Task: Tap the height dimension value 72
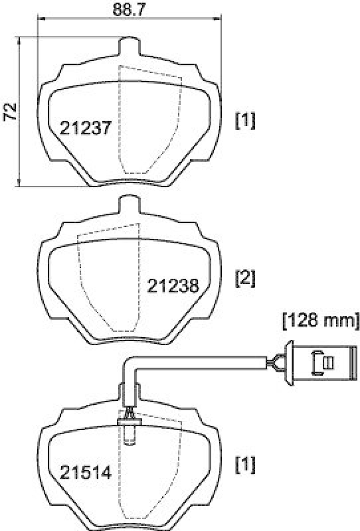(10, 112)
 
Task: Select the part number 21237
(84, 127)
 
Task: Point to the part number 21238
(173, 286)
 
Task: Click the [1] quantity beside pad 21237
(245, 120)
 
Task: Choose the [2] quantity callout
(245, 278)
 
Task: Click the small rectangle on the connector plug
(326, 362)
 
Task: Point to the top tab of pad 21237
(130, 46)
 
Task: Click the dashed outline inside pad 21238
(106, 279)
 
